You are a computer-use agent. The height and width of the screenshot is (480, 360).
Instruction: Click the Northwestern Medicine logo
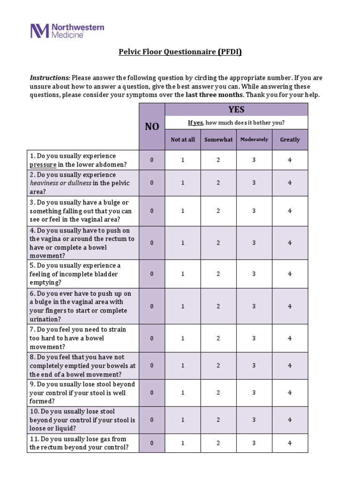67,31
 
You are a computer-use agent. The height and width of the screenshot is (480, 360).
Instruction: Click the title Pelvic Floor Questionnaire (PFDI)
180,52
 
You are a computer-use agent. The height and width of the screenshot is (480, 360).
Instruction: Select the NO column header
152,127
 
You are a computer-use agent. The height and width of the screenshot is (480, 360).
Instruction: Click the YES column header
236,110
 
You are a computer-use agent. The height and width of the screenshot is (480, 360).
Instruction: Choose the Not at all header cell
183,140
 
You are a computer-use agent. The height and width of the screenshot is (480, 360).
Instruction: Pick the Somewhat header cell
218,140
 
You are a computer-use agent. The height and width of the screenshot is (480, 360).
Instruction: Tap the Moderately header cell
254,140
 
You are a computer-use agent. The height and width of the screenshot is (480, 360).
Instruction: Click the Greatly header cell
290,140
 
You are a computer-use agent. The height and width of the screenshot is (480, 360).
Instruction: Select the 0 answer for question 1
152,160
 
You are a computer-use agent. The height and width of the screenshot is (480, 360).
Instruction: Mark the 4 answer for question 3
290,211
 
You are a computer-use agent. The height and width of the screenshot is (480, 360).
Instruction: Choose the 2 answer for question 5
218,274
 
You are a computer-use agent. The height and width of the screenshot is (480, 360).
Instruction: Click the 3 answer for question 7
254,338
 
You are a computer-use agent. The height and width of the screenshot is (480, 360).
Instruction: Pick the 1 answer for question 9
183,393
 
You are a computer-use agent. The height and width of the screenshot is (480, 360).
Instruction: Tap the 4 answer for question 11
290,443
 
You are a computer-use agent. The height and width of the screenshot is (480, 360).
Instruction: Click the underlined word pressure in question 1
43,165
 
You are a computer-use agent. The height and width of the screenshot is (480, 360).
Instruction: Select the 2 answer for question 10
218,420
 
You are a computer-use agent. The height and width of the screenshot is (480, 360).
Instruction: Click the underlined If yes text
195,123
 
